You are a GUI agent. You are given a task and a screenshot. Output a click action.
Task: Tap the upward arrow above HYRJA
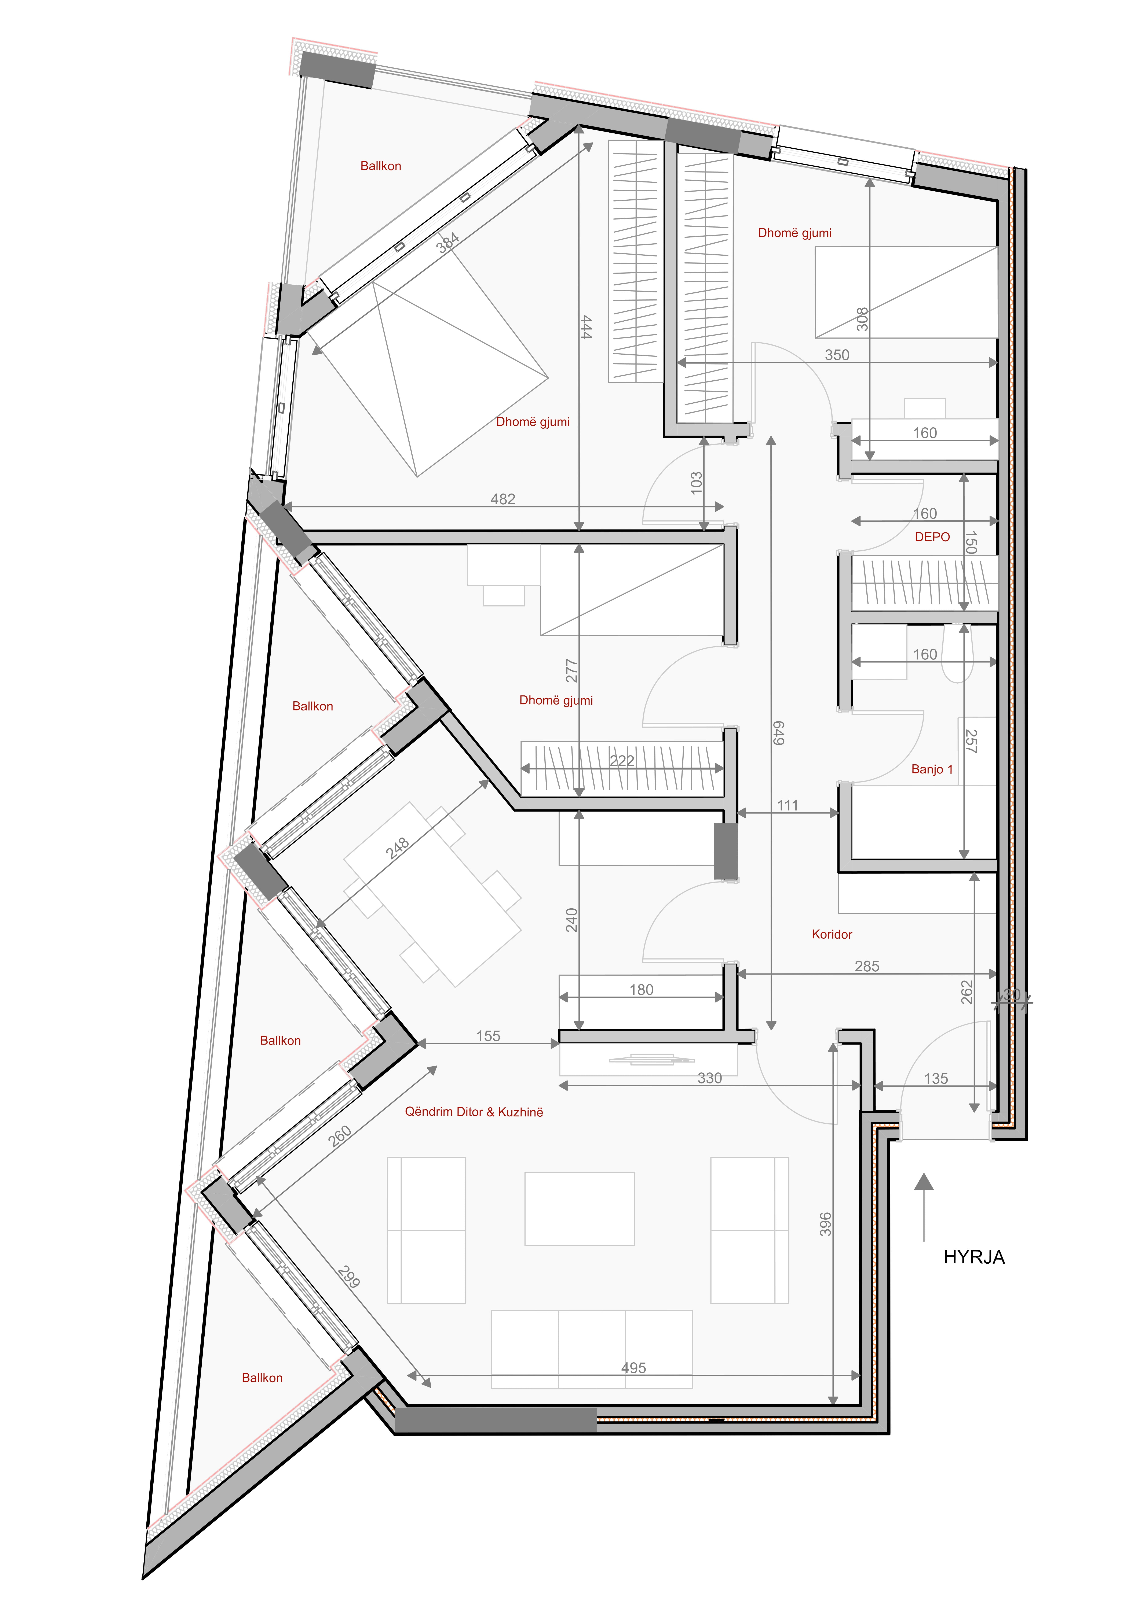[x=924, y=1207]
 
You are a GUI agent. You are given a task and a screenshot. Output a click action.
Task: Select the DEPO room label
[x=932, y=537]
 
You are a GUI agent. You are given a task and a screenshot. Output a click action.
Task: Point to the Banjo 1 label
[x=932, y=769]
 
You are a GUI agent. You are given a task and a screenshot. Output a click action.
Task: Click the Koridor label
[x=832, y=934]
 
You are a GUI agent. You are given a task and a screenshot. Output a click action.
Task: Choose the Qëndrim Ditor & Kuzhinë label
[x=474, y=1111]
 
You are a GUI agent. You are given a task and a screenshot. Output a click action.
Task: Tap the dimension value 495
[x=633, y=1368]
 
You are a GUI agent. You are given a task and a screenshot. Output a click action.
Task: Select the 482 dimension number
[x=503, y=499]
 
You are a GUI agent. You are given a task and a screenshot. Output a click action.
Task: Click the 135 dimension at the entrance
[x=936, y=1078]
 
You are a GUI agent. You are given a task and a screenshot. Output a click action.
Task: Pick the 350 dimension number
[x=837, y=355]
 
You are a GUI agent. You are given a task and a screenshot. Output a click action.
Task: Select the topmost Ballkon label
[x=380, y=166]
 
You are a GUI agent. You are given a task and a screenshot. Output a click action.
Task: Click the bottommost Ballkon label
[x=262, y=1377]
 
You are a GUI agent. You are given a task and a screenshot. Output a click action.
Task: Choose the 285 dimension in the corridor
[x=867, y=966]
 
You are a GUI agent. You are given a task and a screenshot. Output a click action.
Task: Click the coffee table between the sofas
[x=580, y=1208]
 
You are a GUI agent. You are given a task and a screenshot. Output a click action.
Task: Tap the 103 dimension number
[x=696, y=483]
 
